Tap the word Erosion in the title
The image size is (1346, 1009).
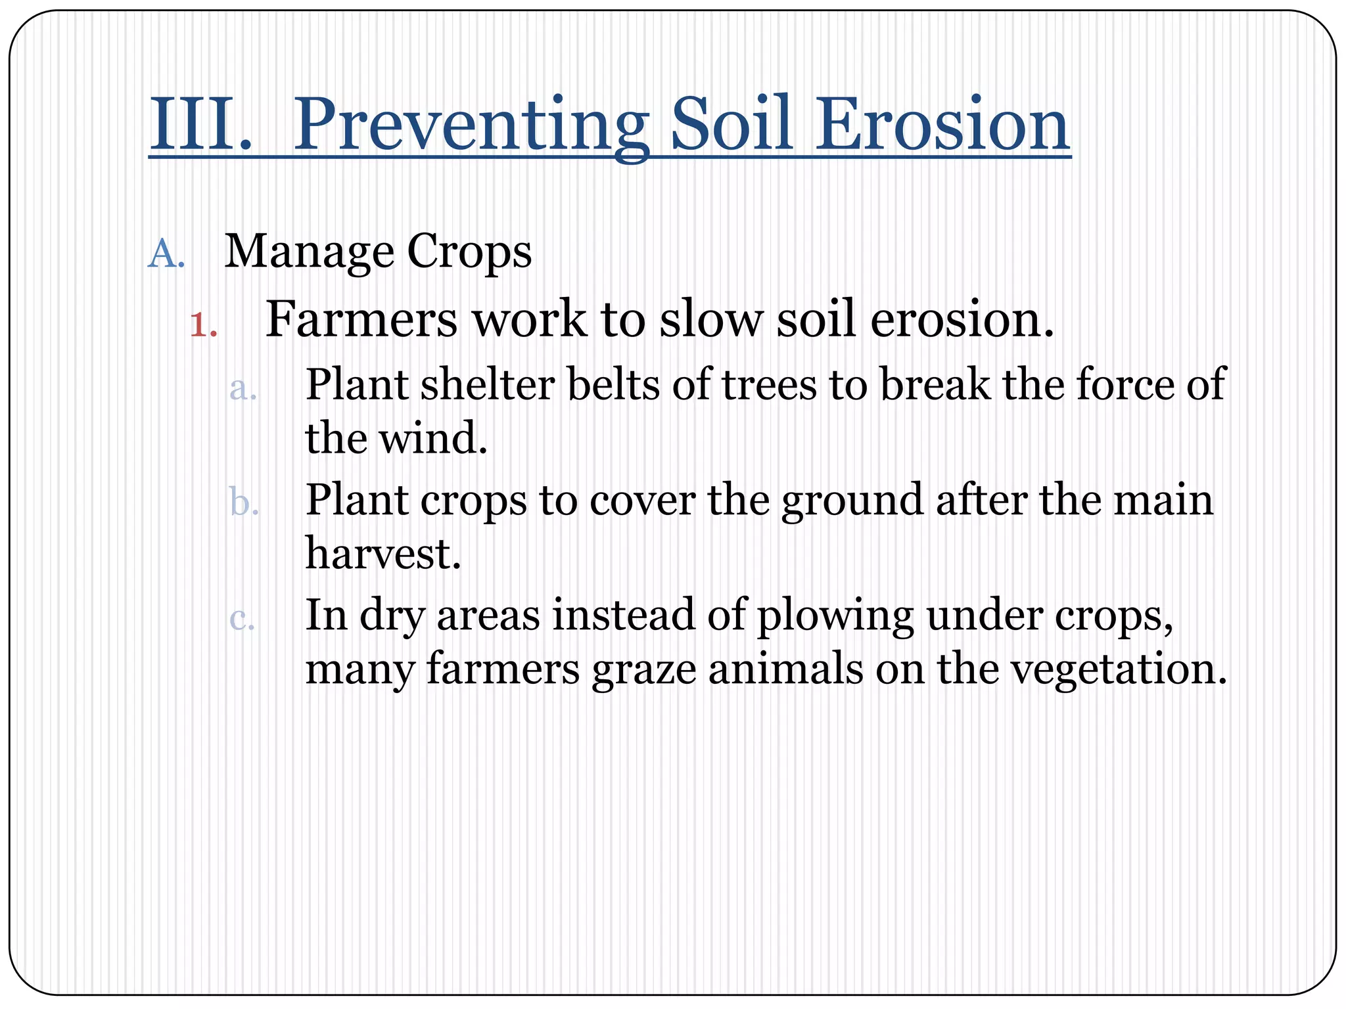pyautogui.click(x=942, y=125)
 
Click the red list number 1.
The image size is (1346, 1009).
pyautogui.click(x=200, y=325)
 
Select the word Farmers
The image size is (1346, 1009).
pyautogui.click(x=361, y=319)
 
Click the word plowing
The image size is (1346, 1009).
pyautogui.click(x=835, y=617)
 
